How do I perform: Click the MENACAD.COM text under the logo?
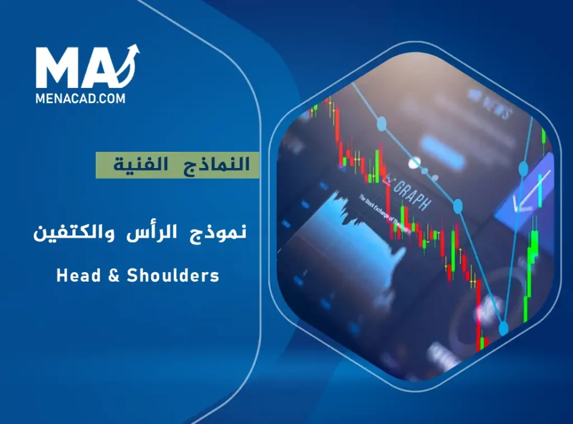[81, 97]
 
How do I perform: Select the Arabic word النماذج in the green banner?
[224, 165]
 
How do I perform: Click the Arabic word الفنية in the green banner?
[140, 165]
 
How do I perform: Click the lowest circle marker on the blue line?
[503, 328]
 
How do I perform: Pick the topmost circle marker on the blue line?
[382, 123]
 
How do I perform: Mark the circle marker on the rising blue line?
[524, 167]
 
